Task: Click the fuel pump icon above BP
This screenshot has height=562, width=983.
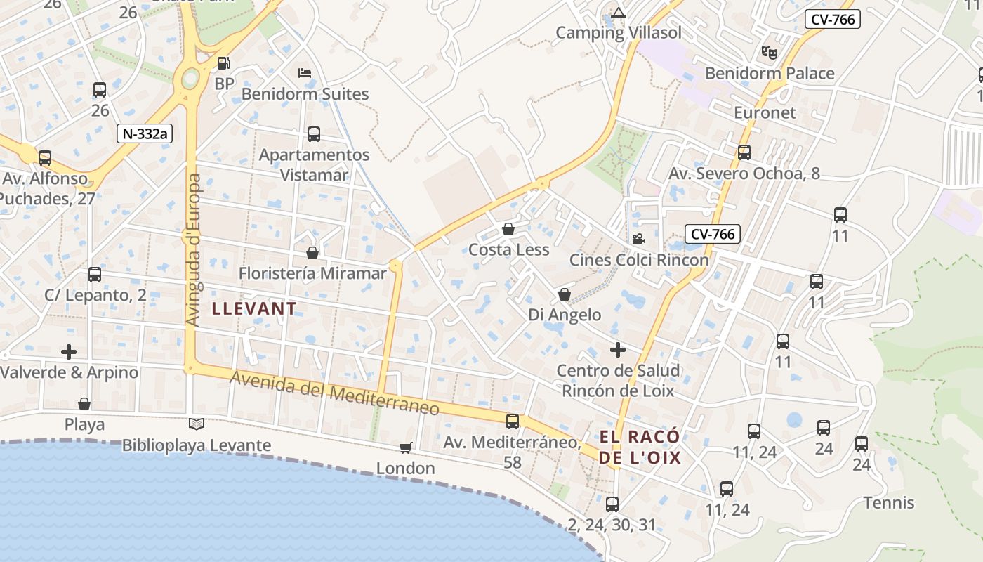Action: point(224,63)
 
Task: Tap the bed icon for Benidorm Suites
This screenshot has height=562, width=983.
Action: point(305,73)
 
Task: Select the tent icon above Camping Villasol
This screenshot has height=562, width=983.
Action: point(618,13)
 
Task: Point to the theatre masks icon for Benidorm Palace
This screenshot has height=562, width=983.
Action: point(770,52)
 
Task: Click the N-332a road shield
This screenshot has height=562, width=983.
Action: point(145,133)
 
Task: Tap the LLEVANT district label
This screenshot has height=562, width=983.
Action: point(254,308)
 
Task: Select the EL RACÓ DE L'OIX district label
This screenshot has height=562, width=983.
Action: point(640,447)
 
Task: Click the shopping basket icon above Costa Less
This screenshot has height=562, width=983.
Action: point(508,229)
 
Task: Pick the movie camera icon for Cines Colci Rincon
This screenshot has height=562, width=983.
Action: point(638,239)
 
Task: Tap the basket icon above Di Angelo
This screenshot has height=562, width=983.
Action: point(565,294)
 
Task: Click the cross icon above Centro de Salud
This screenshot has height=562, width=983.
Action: point(618,350)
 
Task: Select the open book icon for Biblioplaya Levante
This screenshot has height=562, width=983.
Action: point(197,424)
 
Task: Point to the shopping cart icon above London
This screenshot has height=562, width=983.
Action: point(405,447)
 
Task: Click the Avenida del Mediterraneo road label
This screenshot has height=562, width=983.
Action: point(335,393)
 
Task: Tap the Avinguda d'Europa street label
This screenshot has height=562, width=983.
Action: point(194,249)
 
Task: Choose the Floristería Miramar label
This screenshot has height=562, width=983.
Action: point(312,273)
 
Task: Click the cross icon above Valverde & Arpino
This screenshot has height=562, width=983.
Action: point(69,351)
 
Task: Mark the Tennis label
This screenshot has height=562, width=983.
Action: point(889,503)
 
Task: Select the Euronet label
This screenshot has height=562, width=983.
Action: point(765,112)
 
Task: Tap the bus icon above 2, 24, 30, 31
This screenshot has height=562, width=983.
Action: point(612,504)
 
